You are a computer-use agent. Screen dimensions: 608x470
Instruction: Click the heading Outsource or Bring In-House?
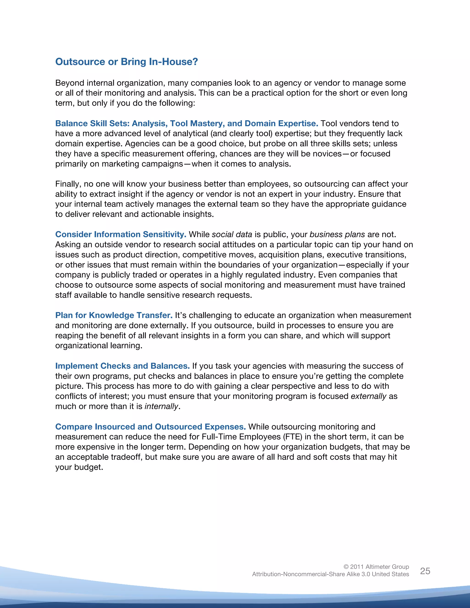click(126, 61)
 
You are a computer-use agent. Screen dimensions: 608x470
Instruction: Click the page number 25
click(425, 571)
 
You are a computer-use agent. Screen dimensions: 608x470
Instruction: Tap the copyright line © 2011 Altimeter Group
click(376, 566)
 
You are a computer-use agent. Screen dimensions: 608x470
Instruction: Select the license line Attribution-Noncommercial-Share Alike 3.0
click(330, 574)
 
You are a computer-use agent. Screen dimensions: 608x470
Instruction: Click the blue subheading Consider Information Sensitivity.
click(120, 234)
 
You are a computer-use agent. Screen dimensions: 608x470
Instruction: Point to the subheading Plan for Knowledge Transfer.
click(114, 315)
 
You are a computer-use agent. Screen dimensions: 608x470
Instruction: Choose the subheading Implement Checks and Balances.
click(122, 366)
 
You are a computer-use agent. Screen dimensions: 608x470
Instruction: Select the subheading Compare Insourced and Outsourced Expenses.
click(150, 427)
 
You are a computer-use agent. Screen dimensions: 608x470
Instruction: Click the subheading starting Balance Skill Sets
click(187, 123)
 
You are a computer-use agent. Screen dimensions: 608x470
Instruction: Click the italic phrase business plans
click(337, 234)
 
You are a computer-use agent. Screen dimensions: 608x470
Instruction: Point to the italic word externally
click(368, 396)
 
